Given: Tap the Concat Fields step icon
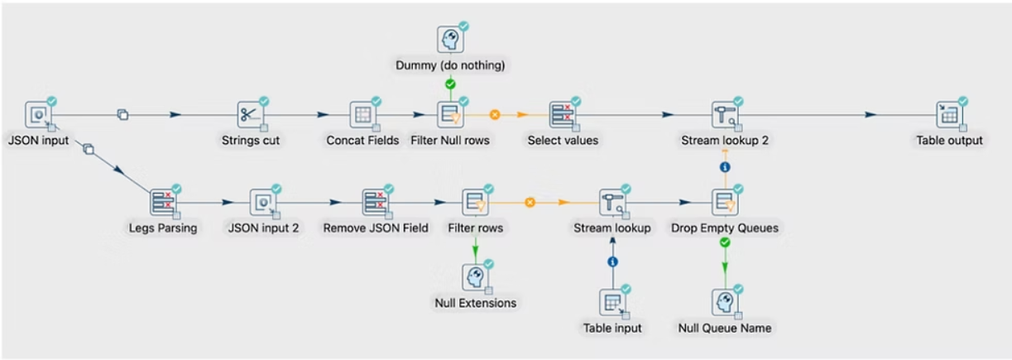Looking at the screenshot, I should (362, 115).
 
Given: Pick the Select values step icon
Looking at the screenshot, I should (563, 115).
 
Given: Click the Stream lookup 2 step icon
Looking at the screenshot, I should (725, 115).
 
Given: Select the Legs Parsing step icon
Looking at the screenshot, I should (163, 202).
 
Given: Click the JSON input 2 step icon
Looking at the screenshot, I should (263, 202).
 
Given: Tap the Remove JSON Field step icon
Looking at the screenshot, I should (376, 202).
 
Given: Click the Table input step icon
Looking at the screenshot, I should (612, 302).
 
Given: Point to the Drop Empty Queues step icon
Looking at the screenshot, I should (725, 202).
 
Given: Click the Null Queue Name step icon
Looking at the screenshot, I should (725, 302).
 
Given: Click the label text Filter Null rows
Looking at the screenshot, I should (450, 141).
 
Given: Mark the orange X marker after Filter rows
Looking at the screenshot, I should (530, 202).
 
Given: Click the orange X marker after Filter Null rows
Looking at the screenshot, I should (495, 115).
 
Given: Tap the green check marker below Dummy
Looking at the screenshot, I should (450, 84).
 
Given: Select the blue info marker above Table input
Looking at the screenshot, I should (612, 262).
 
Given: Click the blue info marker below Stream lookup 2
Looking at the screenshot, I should (725, 166).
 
